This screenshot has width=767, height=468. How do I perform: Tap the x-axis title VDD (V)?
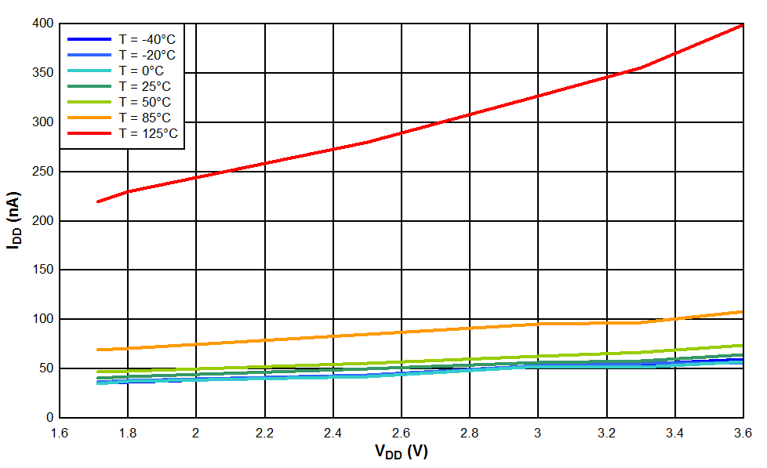(x=401, y=452)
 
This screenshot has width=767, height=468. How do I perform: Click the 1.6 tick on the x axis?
(x=60, y=433)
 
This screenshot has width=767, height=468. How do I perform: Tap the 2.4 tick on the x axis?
(x=333, y=433)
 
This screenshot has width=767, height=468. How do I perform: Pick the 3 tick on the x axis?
(x=538, y=433)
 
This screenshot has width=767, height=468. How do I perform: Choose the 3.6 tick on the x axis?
(x=743, y=433)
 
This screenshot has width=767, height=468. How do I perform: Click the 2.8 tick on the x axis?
(x=470, y=433)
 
